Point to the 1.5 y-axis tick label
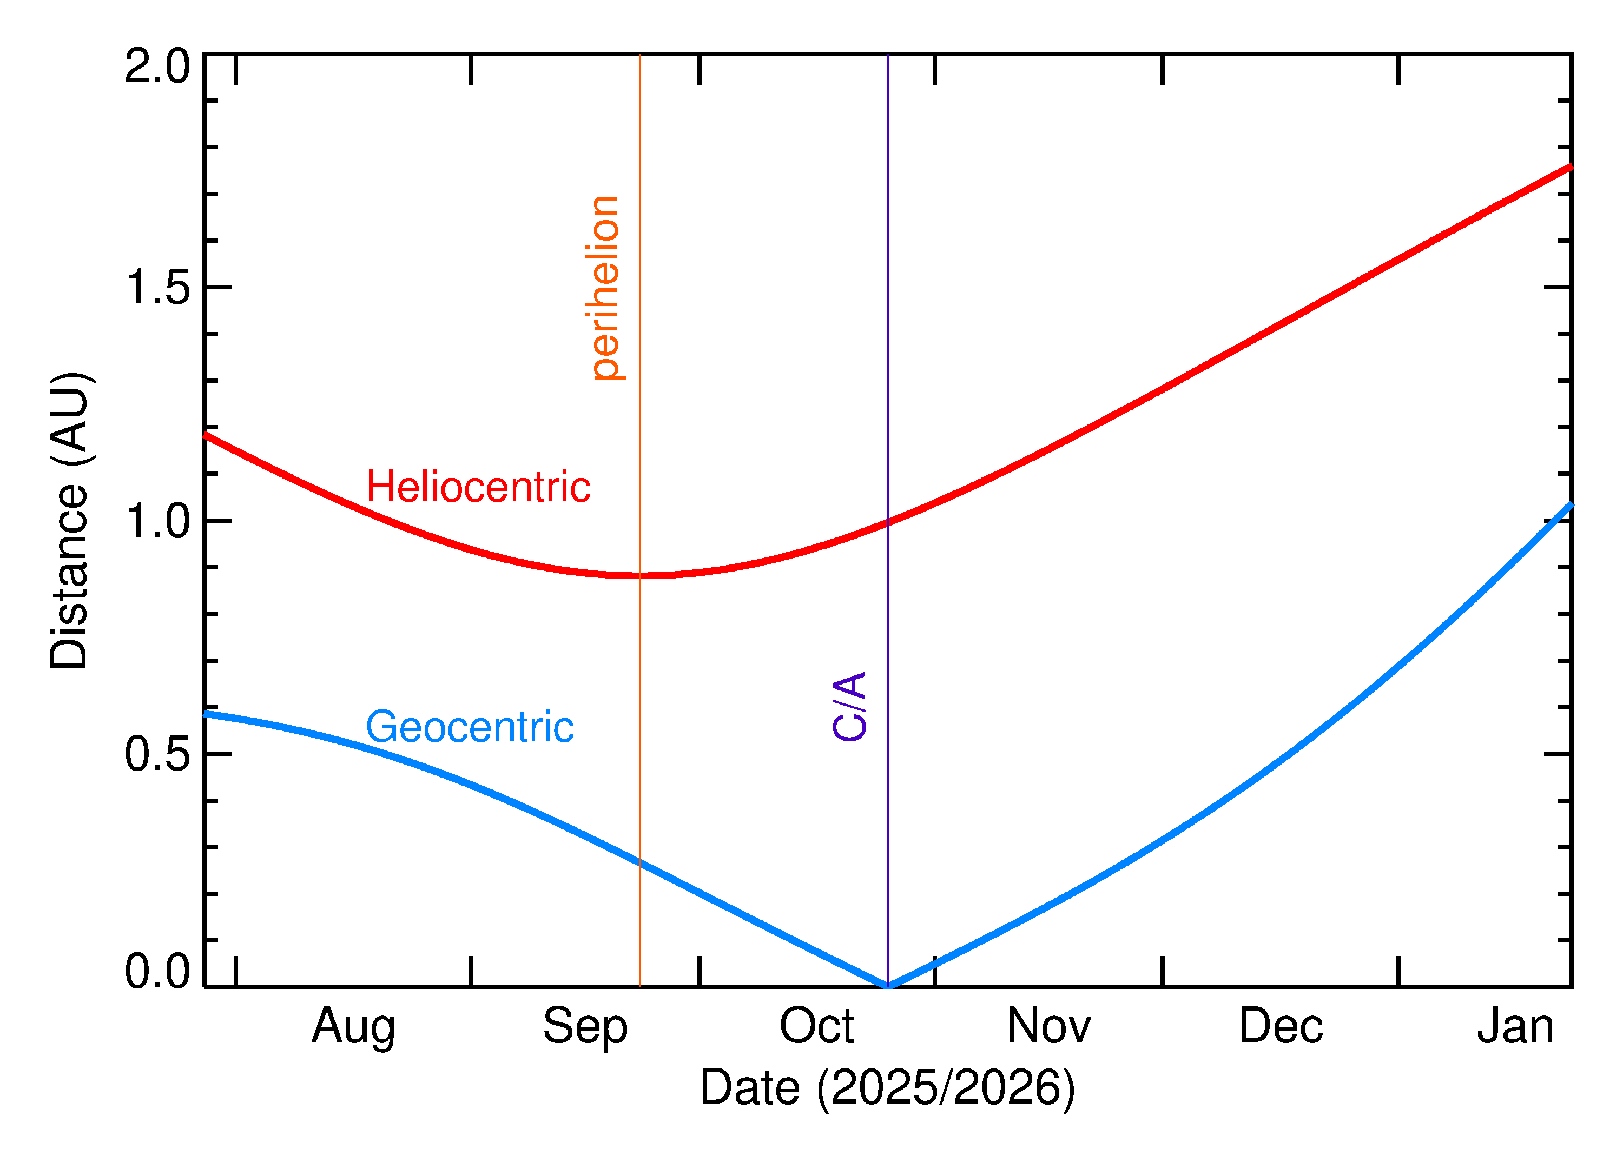[x=157, y=288]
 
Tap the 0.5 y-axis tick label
[x=157, y=754]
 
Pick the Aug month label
[x=353, y=1027]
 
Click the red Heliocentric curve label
[x=478, y=488]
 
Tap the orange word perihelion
[x=605, y=288]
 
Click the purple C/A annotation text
[x=849, y=707]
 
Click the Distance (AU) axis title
[x=69, y=520]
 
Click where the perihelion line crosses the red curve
[x=640, y=576]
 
